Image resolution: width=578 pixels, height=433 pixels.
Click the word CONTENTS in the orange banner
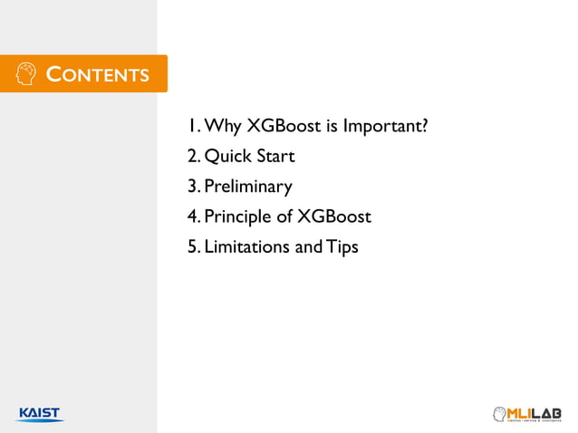click(x=98, y=73)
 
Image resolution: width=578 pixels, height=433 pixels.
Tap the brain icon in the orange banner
click(x=26, y=73)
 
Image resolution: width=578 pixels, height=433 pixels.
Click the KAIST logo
click(x=40, y=414)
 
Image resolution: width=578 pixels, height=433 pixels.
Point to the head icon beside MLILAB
click(x=497, y=414)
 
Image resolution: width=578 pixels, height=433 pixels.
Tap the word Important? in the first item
click(x=384, y=126)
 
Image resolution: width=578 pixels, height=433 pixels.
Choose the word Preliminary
click(x=247, y=188)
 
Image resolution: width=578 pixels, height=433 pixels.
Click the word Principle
click(x=238, y=217)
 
